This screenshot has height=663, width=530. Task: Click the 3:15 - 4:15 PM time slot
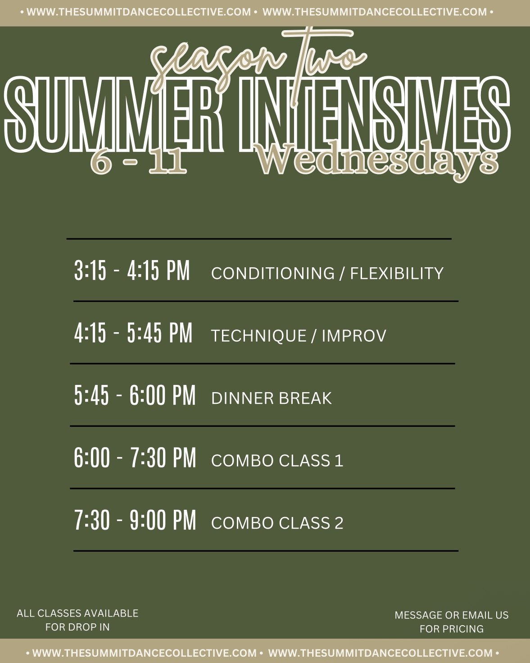pyautogui.click(x=132, y=271)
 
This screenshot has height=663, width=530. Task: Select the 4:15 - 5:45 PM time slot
pyautogui.click(x=133, y=333)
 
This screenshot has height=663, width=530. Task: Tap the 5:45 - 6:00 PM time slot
pyautogui.click(x=135, y=395)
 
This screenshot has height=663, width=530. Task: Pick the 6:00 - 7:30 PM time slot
pyautogui.click(x=135, y=458)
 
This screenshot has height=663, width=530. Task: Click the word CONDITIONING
pyautogui.click(x=273, y=273)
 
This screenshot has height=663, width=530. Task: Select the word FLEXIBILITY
pyautogui.click(x=397, y=273)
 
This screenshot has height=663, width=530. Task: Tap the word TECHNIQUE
pyautogui.click(x=259, y=335)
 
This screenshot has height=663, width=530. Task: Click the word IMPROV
pyautogui.click(x=354, y=335)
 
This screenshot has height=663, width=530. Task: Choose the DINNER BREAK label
pyautogui.click(x=272, y=398)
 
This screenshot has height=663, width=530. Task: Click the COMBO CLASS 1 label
pyautogui.click(x=277, y=461)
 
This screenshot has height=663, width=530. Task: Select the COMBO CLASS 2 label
pyautogui.click(x=277, y=523)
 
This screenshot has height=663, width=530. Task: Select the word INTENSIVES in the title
pyautogui.click(x=374, y=115)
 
